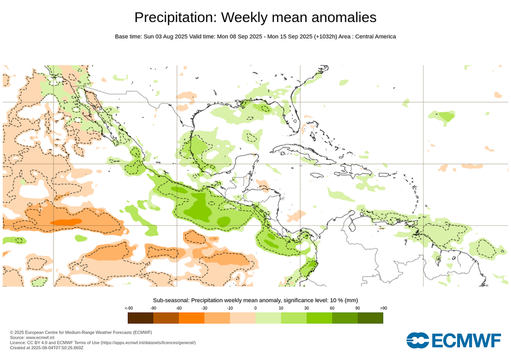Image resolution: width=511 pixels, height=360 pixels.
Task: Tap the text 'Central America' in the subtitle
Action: click(x=375, y=36)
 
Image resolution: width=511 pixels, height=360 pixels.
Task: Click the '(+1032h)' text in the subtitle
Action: click(x=325, y=36)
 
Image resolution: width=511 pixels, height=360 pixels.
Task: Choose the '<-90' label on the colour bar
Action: click(x=128, y=308)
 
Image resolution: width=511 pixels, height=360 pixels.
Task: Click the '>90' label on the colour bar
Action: click(x=383, y=308)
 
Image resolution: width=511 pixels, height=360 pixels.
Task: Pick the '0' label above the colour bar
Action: click(x=255, y=308)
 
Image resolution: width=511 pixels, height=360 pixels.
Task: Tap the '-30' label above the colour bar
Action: click(x=204, y=308)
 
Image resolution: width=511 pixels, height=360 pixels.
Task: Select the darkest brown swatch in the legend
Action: click(x=140, y=318)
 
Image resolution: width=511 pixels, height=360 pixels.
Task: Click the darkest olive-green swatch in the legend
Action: click(x=370, y=318)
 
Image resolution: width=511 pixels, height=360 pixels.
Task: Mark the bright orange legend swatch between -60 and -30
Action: click(x=191, y=318)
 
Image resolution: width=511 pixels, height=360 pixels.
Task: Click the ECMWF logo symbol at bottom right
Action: click(x=418, y=340)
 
